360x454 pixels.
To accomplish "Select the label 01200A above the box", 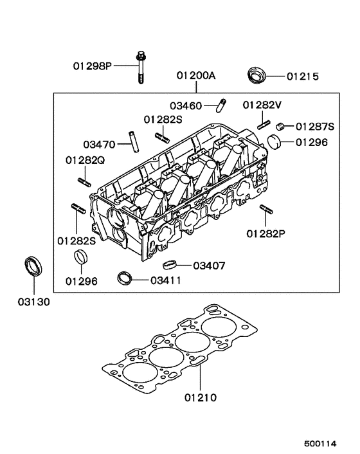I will [196, 76].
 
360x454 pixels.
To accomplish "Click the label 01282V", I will [262, 105].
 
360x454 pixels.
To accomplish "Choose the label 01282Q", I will [84, 159].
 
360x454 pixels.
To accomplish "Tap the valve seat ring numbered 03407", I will [169, 264].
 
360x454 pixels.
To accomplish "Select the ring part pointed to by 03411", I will [124, 278].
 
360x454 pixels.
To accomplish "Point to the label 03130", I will [33, 300].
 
